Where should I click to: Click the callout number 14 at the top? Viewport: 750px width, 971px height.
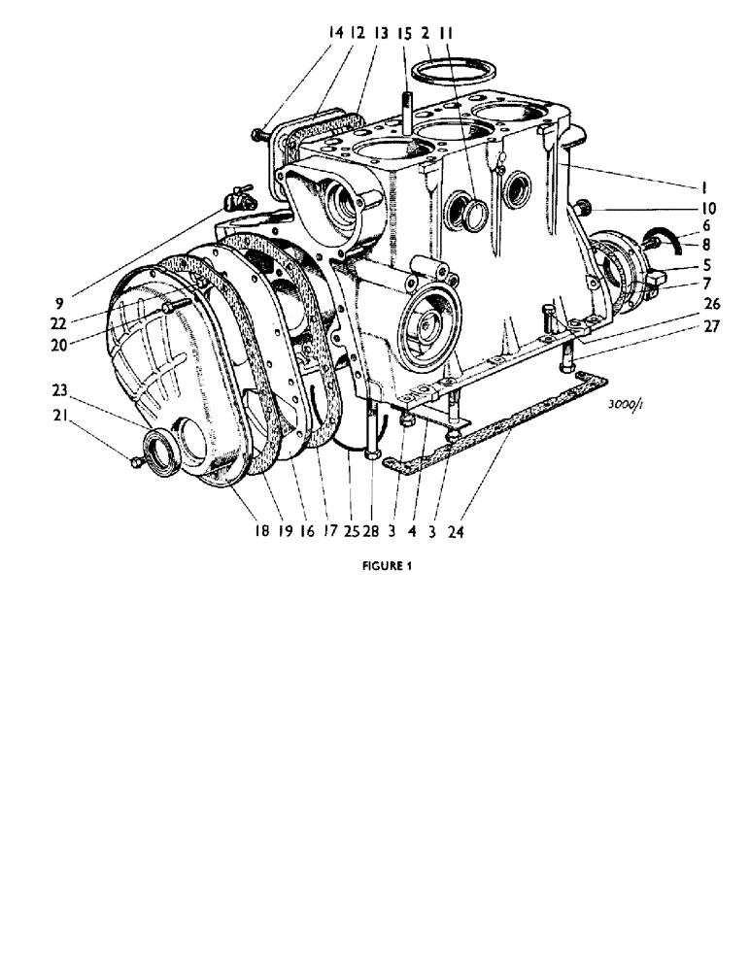[x=336, y=32]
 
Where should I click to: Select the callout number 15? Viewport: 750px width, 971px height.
[x=404, y=32]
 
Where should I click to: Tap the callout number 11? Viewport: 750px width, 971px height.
[x=445, y=32]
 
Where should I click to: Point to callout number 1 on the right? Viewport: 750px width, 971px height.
[x=704, y=185]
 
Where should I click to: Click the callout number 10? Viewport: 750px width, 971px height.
[x=705, y=207]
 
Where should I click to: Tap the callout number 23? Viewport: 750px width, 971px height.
[x=59, y=392]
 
